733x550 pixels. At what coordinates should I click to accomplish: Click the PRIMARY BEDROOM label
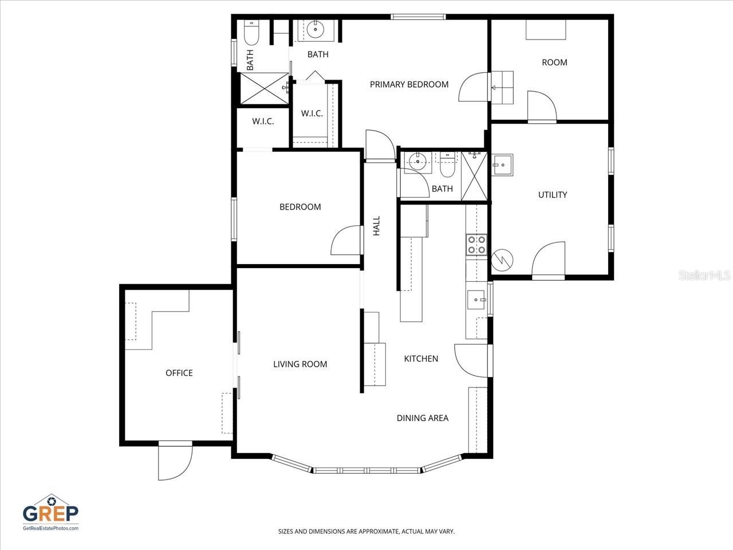(409, 84)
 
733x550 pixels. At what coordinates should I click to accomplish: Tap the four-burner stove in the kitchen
(476, 245)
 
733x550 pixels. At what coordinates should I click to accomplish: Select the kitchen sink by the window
(476, 299)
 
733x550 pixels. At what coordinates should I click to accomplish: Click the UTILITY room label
(552, 195)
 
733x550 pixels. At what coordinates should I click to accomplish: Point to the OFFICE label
(179, 373)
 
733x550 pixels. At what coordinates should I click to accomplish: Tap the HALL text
(376, 226)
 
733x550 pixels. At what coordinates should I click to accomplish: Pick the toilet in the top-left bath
(251, 34)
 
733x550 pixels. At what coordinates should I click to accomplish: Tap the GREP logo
(50, 512)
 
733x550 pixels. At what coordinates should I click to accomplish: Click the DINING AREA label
(423, 418)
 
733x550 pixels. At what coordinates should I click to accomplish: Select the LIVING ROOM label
(300, 364)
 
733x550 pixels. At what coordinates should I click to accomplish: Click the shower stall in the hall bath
(475, 176)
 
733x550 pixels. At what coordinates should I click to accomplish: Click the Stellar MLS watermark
(704, 276)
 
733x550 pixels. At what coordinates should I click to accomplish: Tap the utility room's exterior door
(549, 261)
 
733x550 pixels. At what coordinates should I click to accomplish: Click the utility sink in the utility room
(502, 164)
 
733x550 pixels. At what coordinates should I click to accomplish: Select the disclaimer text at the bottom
(366, 532)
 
